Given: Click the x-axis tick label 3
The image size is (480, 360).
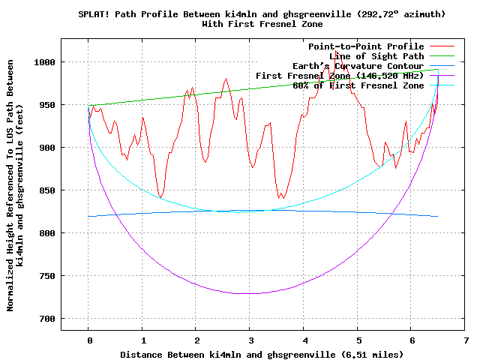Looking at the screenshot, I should pyautogui.click(x=250, y=340).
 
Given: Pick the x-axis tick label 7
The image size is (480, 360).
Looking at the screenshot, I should pyautogui.click(x=466, y=340).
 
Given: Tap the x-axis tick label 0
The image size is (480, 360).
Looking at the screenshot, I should pyautogui.click(x=88, y=340).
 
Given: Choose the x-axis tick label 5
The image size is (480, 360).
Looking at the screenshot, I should pyautogui.click(x=358, y=340).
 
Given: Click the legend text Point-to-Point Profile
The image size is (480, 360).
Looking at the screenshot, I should pyautogui.click(x=366, y=46).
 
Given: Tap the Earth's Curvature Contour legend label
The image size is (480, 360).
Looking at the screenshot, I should pyautogui.click(x=358, y=66).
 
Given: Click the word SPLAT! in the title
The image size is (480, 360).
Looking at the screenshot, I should pyautogui.click(x=95, y=14).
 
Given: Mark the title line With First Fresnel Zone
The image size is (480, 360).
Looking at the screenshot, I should pyautogui.click(x=250, y=24).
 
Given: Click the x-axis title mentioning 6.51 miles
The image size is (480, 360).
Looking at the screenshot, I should pyautogui.click(x=250, y=354).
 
